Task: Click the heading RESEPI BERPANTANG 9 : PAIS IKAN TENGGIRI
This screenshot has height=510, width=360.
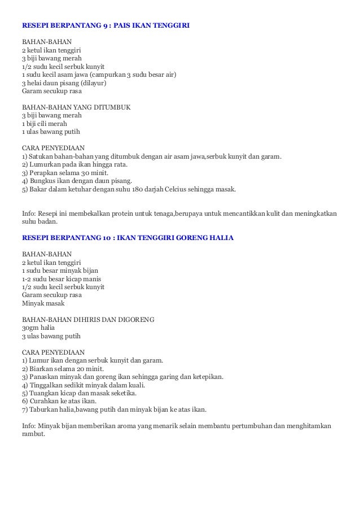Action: [106, 25]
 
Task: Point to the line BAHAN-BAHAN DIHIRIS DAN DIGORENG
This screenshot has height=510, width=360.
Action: [80, 319]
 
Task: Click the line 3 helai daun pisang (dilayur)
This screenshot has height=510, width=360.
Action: [64, 82]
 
